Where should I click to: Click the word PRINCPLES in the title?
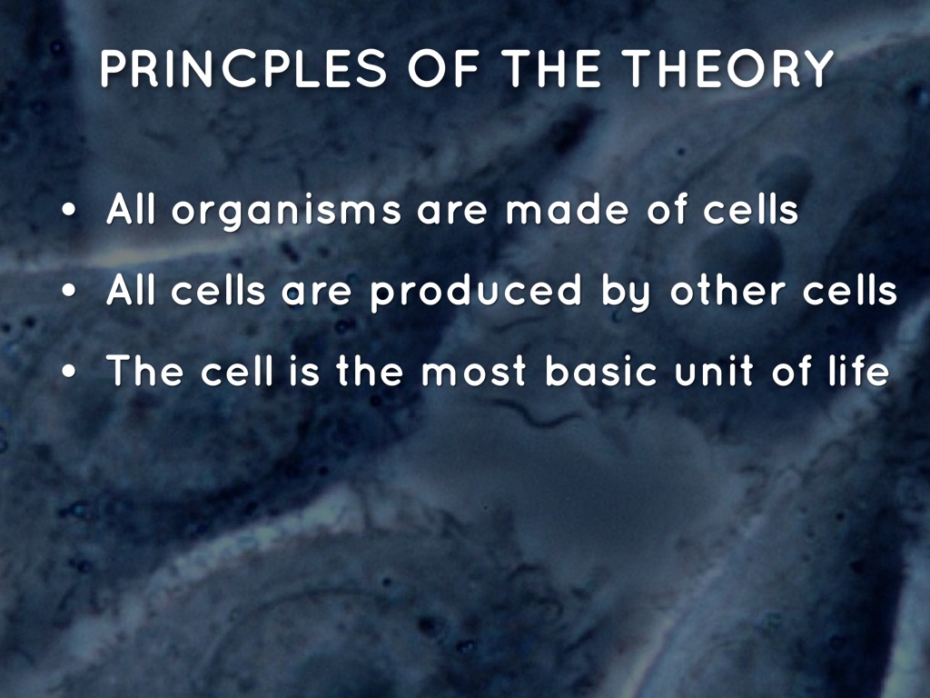point(243,68)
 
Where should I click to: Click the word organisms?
point(286,212)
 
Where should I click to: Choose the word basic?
point(601,371)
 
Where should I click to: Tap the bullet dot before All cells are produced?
point(69,291)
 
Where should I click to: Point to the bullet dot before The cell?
point(69,372)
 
